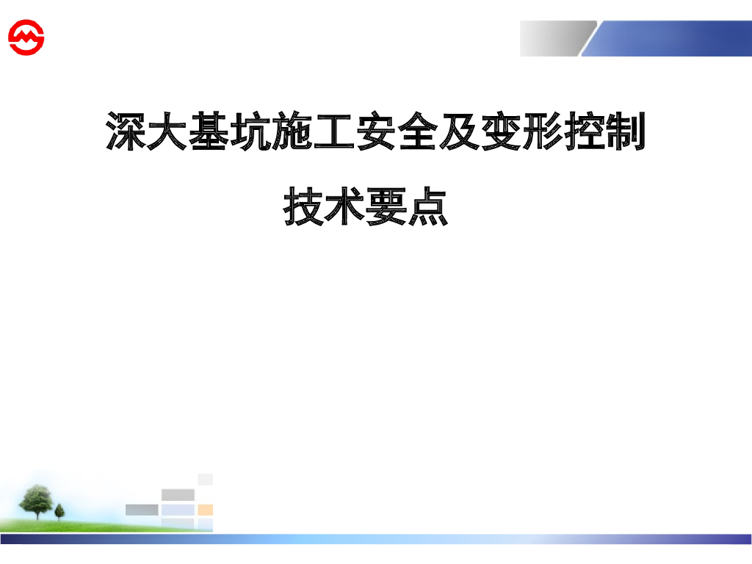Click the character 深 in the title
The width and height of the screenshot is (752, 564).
click(127, 132)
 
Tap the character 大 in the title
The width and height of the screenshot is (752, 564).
click(168, 132)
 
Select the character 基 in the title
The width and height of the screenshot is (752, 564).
click(210, 132)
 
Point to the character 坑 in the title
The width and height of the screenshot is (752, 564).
click(252, 132)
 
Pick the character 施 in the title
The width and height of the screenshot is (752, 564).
click(294, 132)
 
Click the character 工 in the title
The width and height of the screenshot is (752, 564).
click(335, 132)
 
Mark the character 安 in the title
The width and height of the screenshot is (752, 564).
click(377, 132)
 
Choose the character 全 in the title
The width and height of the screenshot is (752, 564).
click(419, 132)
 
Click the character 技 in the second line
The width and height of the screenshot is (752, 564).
click(305, 206)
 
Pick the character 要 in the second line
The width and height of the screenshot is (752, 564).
click(387, 206)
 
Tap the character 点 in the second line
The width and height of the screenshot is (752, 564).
click(428, 206)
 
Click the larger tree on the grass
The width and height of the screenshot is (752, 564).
click(35, 500)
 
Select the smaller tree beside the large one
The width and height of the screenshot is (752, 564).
click(59, 511)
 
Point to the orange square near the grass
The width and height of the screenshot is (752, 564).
click(206, 510)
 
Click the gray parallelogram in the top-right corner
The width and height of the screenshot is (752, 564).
click(556, 38)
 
